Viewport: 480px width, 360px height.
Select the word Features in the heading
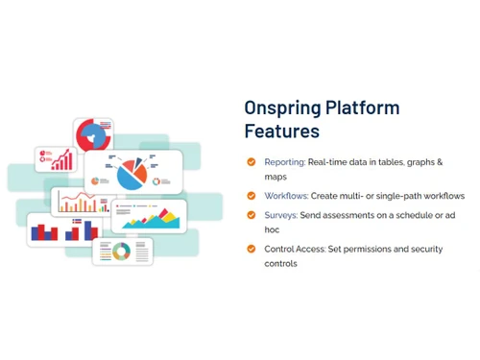coord(281,131)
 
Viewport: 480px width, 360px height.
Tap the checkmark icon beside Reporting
coord(252,162)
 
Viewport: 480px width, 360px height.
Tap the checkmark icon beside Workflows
coord(252,195)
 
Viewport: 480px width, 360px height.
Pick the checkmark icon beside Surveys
coord(252,215)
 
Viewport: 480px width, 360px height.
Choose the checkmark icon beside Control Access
coord(252,249)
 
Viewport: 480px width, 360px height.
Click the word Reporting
coord(285,162)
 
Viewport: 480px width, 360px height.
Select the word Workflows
coord(286,195)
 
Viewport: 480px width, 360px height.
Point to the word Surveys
coord(280,215)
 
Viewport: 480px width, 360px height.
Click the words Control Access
coord(296,249)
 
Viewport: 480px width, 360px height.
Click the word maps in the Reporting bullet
coord(276,177)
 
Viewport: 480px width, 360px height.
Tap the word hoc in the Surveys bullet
coord(274,229)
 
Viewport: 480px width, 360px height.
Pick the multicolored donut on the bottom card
coord(121,252)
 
